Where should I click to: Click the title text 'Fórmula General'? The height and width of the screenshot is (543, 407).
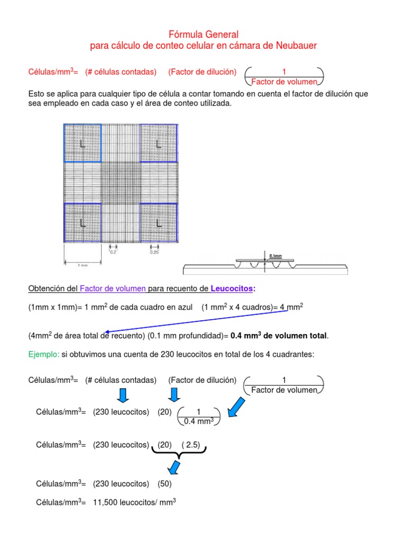[x=203, y=34]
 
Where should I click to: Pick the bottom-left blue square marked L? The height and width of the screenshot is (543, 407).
[x=82, y=223]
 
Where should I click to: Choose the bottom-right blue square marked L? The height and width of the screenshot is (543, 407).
[x=158, y=223]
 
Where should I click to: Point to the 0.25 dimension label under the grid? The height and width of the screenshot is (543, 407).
[x=154, y=252]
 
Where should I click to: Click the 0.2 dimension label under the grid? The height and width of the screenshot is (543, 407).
[x=113, y=252]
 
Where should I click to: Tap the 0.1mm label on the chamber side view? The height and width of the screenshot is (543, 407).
[x=276, y=255]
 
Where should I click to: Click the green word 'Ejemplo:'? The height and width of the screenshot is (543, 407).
[x=41, y=355]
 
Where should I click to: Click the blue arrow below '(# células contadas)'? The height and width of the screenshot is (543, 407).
[x=122, y=395]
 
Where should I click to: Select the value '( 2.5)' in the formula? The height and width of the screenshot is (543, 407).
[x=190, y=445]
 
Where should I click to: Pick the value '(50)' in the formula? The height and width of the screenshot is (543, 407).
[x=164, y=484]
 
